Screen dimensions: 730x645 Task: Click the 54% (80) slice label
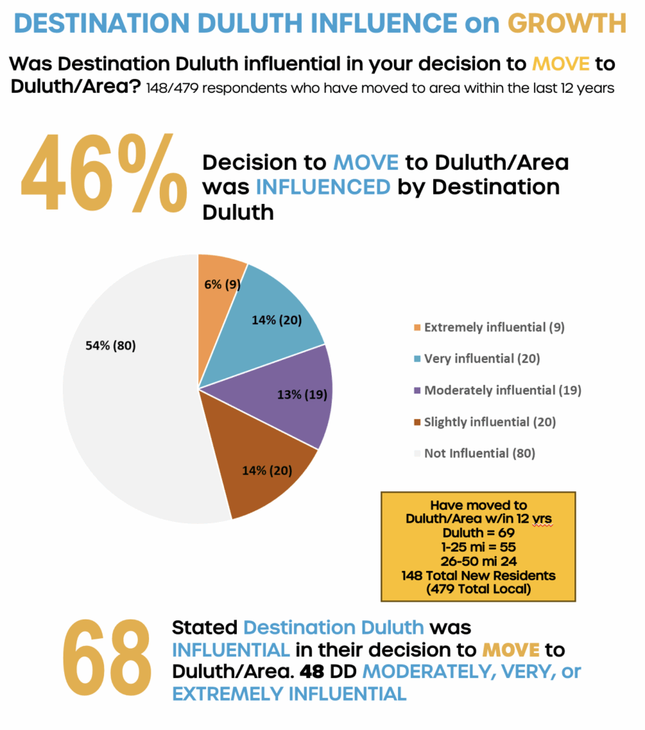(x=108, y=346)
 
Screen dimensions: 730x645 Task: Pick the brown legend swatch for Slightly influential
(x=416, y=422)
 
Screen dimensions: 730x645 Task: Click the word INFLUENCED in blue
(x=322, y=188)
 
